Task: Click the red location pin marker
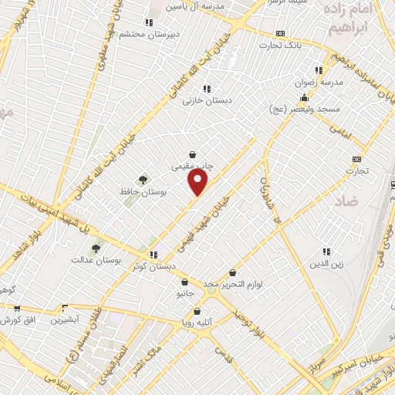198,182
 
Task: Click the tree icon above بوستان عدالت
96,248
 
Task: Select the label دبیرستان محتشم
174,34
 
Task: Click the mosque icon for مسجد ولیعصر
305,98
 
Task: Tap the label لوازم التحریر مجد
233,285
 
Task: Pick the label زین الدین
325,264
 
